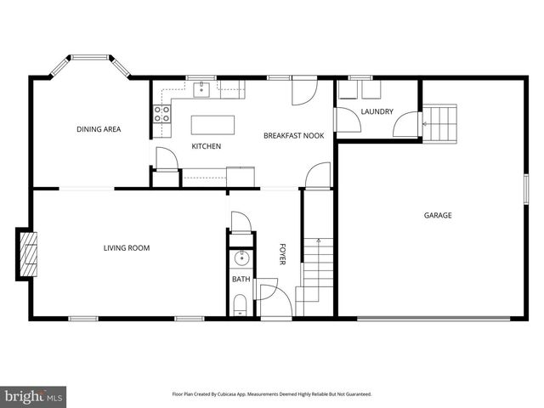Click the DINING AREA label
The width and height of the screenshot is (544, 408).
point(99,129)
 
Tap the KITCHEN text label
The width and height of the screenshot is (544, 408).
point(206,146)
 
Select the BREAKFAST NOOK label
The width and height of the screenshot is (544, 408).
point(293,136)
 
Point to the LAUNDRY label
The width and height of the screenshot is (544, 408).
point(376,111)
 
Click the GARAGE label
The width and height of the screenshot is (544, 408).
point(438,215)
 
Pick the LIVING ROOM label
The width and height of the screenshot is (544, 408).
point(127,248)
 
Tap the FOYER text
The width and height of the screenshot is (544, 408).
point(284,254)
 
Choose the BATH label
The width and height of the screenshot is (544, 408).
point(241,279)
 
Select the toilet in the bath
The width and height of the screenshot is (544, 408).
point(241,303)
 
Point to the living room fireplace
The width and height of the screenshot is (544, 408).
point(29,254)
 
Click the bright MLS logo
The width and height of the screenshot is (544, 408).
point(34,396)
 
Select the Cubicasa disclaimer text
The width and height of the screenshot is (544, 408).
point(272,394)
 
